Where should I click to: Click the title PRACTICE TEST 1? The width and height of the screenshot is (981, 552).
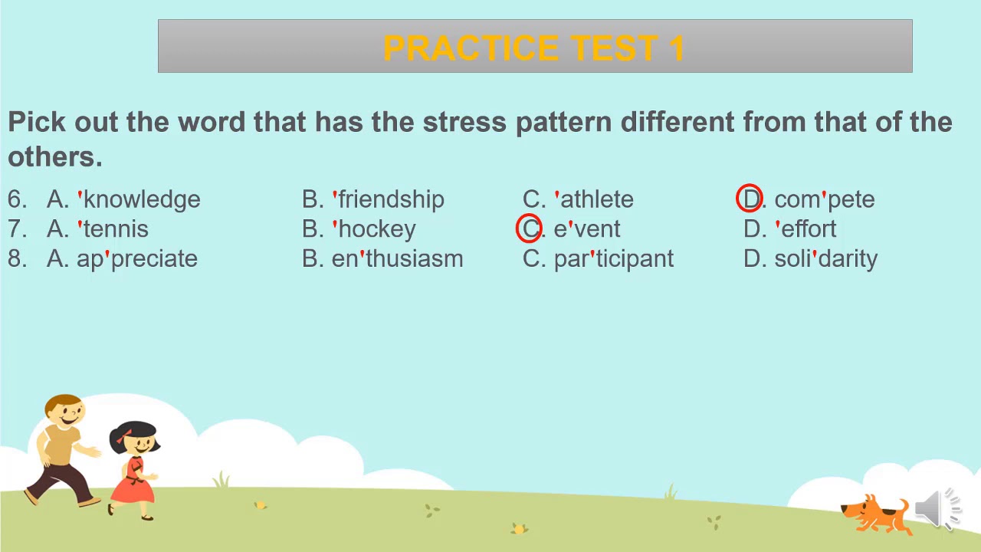point(534,48)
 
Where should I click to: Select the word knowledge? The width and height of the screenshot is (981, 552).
point(139,200)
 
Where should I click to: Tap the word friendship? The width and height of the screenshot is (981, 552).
point(389,200)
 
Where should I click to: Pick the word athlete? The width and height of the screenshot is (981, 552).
point(594,200)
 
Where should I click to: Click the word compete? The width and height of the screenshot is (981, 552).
point(825,200)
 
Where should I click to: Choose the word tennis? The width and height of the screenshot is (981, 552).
point(113,229)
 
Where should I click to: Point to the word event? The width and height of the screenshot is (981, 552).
point(587,229)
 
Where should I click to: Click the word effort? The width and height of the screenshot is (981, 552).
point(805,228)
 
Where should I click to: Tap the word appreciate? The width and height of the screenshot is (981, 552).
point(137,259)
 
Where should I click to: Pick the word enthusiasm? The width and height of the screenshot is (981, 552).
point(397,258)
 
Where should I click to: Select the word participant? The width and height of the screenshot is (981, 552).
point(614,259)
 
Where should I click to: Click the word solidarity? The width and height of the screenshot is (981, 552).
point(826,259)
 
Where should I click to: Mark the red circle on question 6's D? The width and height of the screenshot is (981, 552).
point(737,198)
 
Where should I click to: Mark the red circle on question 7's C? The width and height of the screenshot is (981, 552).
point(517,228)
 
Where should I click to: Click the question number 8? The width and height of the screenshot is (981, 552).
point(17,258)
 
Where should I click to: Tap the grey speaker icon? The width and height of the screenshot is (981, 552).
point(937,508)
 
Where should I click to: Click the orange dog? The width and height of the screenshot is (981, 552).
point(875,514)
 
